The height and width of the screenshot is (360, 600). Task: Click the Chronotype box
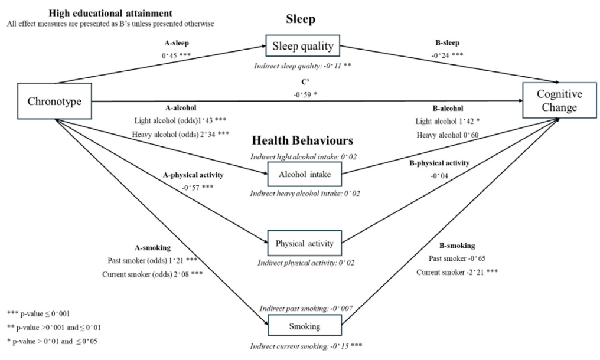tap(54, 101)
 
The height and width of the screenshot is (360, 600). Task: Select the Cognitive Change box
tap(559, 100)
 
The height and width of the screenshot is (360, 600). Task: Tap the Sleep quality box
tap(303, 46)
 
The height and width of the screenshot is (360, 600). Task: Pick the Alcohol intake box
tap(305, 175)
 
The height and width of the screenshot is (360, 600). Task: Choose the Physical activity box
tap(305, 243)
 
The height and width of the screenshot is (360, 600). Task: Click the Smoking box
tap(305, 326)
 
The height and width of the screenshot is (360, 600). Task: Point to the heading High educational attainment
tap(110, 14)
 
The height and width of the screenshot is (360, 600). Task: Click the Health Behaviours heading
tap(302, 140)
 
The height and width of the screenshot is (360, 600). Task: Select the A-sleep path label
tap(177, 43)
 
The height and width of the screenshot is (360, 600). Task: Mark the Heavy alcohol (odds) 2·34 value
tap(181, 135)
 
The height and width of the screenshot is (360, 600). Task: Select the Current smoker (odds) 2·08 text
tap(152, 274)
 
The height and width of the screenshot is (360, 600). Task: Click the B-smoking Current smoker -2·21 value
tap(457, 272)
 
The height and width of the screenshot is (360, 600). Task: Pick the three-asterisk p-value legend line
tap(38, 314)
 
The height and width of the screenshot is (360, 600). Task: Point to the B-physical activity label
tap(439, 163)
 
